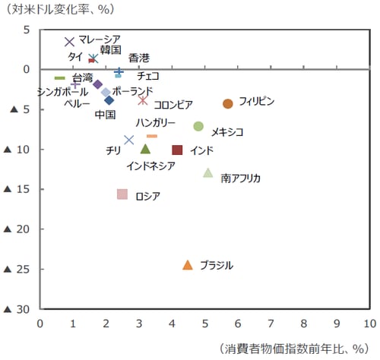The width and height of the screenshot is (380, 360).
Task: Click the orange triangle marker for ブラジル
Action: [188, 264]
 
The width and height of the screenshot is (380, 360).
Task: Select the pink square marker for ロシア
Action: [122, 194]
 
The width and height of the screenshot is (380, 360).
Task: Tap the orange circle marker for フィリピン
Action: [227, 103]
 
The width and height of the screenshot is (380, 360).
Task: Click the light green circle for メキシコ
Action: [198, 126]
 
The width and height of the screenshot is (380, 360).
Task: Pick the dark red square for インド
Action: [177, 150]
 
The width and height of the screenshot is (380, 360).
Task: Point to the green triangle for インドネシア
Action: [145, 149]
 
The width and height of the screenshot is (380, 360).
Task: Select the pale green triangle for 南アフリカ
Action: [208, 172]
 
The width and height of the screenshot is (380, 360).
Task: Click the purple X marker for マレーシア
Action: [70, 42]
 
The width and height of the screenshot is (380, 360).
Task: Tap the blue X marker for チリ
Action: [128, 140]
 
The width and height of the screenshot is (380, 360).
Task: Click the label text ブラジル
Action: [217, 265]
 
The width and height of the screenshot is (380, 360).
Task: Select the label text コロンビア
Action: [173, 105]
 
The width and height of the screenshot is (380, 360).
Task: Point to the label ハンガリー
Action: [156, 123]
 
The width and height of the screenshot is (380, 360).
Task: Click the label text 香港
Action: [139, 58]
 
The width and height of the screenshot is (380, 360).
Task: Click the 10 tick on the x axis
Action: [369, 321]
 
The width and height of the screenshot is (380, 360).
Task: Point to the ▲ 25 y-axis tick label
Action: [18, 269]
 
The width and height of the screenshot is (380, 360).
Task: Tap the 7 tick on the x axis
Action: [271, 321]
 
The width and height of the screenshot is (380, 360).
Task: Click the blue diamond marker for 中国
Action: [109, 99]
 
